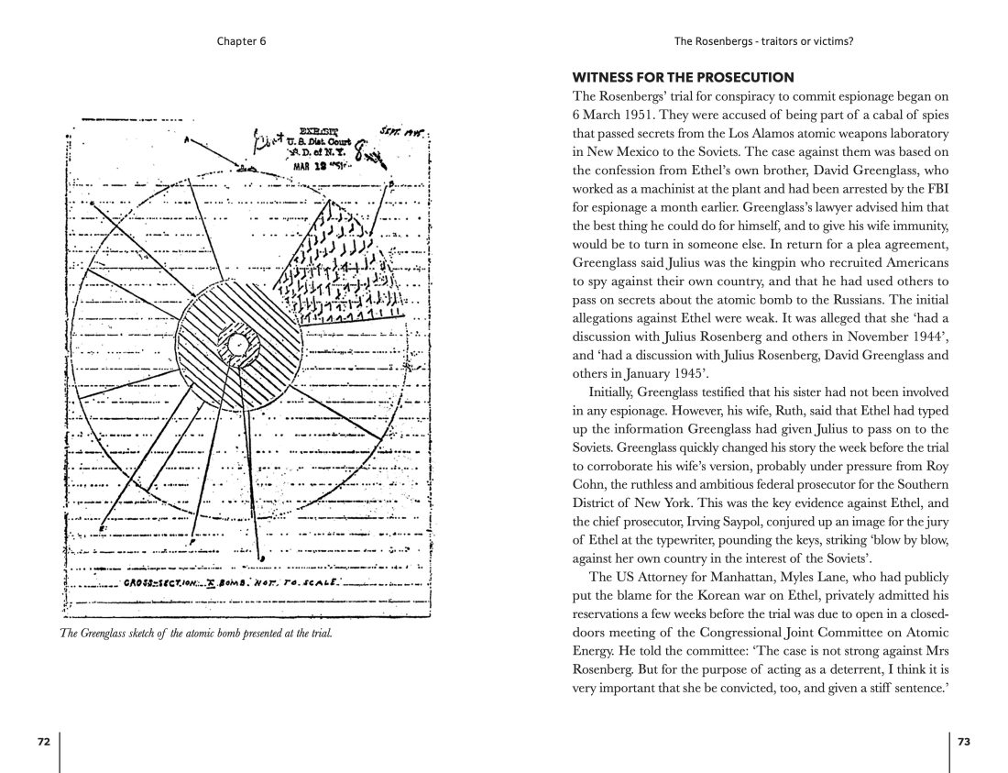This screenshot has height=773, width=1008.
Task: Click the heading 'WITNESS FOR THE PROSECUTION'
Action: coord(683,77)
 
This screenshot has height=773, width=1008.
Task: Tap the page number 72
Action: coord(43,742)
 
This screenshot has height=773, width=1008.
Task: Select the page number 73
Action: coord(963,742)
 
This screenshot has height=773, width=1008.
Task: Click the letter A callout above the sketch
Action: coord(186,139)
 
